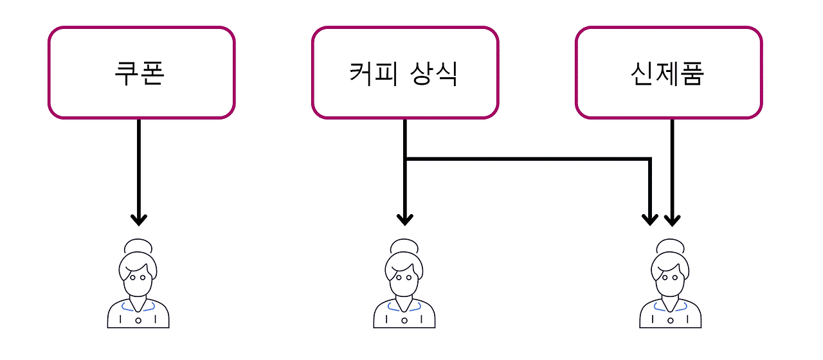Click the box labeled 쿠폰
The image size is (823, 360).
(141, 73)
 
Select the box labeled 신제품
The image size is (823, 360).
(669, 73)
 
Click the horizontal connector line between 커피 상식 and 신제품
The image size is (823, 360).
(527, 158)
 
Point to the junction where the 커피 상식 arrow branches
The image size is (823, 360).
(405, 158)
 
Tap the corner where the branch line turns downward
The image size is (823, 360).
(650, 159)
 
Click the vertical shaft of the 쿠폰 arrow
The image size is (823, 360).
(139, 167)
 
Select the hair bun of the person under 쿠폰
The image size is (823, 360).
(138, 246)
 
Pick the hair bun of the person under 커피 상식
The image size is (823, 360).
(404, 246)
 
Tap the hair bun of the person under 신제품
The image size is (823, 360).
(671, 246)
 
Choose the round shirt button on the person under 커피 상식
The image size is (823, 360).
(404, 319)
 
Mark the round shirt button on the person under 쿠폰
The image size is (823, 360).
(138, 319)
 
